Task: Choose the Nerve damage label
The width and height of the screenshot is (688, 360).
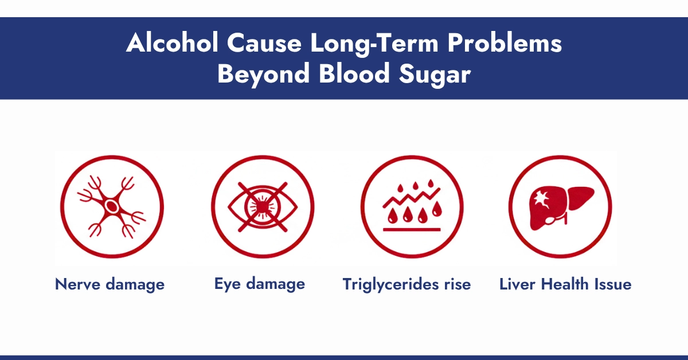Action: [110, 284]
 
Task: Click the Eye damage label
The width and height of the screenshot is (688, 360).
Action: [259, 284]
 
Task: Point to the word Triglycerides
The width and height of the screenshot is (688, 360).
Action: [390, 284]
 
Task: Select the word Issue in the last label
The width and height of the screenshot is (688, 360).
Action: [611, 284]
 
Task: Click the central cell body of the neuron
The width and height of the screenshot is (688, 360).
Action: [112, 206]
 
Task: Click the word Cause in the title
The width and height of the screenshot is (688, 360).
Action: [264, 45]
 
